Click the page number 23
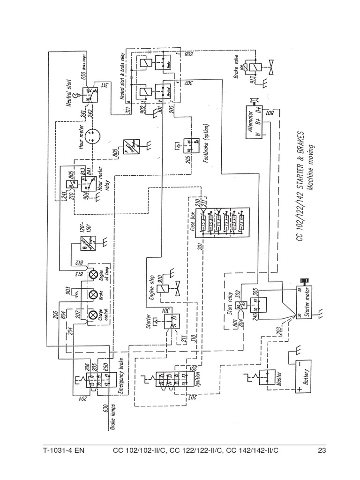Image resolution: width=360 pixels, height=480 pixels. click(321, 452)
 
